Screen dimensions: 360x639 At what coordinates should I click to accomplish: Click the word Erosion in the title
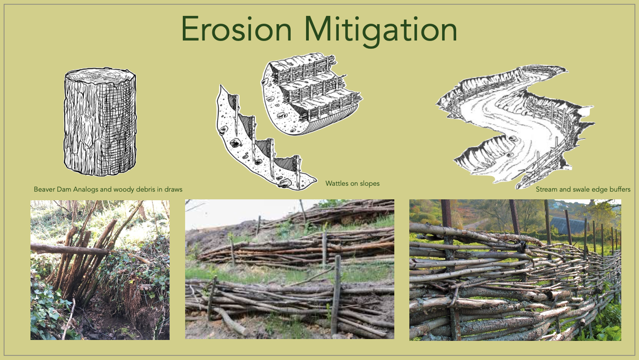tap(236, 30)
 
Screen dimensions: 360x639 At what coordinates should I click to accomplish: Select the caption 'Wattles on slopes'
tap(352, 183)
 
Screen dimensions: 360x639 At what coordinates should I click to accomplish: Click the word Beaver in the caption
tap(45, 189)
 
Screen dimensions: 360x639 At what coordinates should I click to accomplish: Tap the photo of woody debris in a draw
tap(100, 269)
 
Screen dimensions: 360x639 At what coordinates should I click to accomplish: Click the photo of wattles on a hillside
tap(290, 269)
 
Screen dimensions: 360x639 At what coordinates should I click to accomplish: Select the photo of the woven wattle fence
tap(515, 269)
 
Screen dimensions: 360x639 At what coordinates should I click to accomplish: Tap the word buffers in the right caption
tap(619, 189)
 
